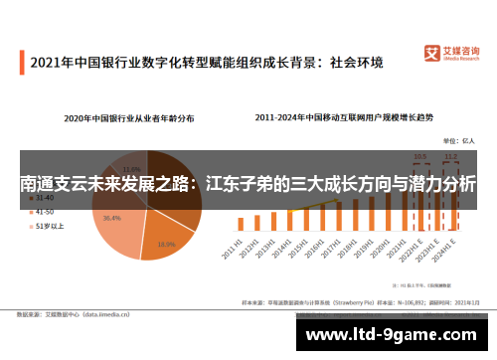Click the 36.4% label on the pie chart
pyautogui.click(x=111, y=218)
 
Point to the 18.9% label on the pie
pyautogui.click(x=166, y=243)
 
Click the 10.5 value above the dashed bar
pyautogui.click(x=420, y=156)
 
